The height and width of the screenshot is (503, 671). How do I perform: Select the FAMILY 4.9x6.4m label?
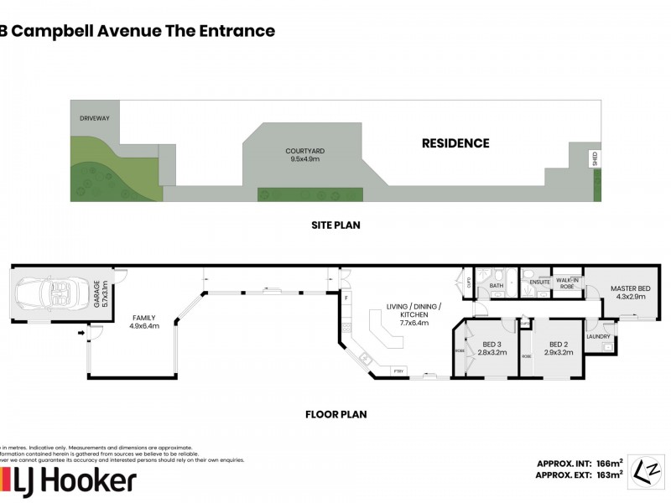click(144, 322)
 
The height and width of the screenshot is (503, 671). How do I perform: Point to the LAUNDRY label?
click(598, 336)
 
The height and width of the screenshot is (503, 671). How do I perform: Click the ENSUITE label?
click(540, 283)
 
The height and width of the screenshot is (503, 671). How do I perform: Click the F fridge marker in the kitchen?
click(346, 297)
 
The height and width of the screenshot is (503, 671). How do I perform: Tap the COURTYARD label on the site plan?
click(304, 154)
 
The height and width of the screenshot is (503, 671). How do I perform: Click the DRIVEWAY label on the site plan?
click(94, 119)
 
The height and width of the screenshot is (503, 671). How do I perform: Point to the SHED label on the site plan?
click(596, 159)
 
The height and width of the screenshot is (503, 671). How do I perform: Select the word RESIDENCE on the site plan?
click(455, 143)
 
